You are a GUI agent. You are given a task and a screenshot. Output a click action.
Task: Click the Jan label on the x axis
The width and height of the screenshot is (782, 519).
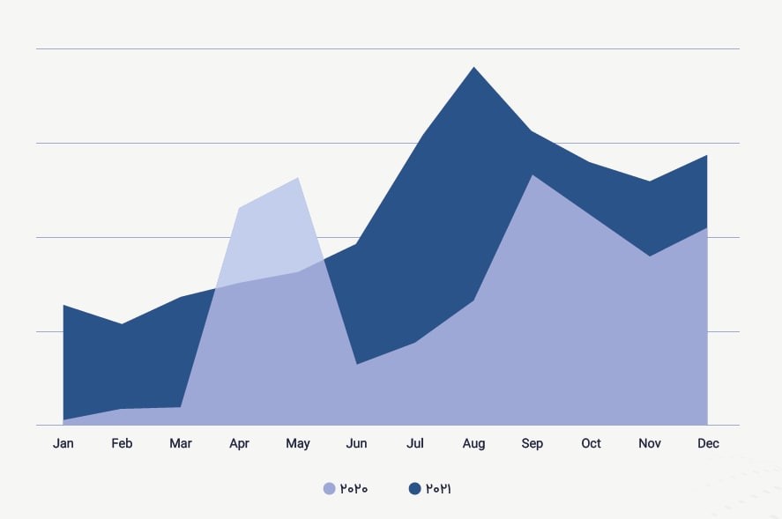tap(63, 443)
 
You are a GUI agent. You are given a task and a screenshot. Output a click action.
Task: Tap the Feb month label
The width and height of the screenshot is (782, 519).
tap(122, 443)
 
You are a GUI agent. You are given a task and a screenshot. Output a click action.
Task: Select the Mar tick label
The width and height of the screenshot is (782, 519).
tap(181, 443)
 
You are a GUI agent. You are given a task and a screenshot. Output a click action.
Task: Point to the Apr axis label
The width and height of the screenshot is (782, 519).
tap(239, 443)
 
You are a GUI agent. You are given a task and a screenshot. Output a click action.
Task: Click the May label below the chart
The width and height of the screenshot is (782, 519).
tap(298, 443)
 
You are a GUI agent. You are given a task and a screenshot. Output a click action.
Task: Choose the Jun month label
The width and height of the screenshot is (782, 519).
tap(356, 443)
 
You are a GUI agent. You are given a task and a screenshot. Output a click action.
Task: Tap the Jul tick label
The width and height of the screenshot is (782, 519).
tap(415, 443)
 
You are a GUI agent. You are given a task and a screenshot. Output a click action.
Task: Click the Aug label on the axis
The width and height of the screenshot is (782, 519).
tap(473, 443)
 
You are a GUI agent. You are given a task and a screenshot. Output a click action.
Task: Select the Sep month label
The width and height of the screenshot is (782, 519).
tap(533, 443)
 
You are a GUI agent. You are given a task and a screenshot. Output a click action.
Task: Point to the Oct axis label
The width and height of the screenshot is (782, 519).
tap(591, 443)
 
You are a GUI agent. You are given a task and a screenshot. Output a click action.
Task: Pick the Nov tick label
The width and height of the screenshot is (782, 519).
tap(650, 443)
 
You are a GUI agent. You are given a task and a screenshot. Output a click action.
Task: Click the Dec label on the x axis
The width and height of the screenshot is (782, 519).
tap(708, 443)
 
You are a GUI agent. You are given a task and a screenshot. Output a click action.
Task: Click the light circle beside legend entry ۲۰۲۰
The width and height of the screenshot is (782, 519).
tap(330, 488)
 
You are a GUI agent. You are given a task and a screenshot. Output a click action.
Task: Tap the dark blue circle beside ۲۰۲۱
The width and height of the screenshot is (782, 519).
tap(415, 488)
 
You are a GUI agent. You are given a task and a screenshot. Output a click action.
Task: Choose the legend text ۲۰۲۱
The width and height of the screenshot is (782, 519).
tap(439, 488)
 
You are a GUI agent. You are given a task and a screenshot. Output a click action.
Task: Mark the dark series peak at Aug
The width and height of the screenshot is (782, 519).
tap(474, 67)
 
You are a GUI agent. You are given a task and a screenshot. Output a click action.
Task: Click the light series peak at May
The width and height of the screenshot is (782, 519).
tap(299, 178)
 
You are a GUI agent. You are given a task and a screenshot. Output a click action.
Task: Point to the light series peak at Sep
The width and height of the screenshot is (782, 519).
tap(532, 175)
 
